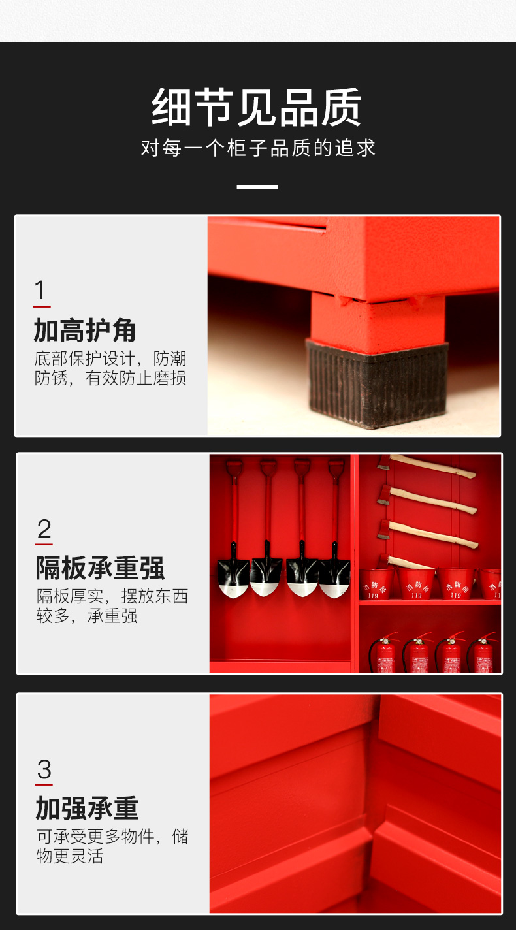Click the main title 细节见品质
click(x=257, y=107)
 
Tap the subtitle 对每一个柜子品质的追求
click(x=258, y=148)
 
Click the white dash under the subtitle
click(x=257, y=187)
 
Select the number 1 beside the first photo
click(x=40, y=290)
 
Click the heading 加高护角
click(x=85, y=330)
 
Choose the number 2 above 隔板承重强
click(x=44, y=529)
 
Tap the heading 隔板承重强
click(x=100, y=568)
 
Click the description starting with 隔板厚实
click(x=112, y=606)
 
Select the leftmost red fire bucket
click(x=377, y=583)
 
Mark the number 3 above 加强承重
click(x=44, y=769)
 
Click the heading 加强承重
click(x=87, y=809)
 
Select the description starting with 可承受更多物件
click(x=112, y=846)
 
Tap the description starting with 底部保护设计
click(x=110, y=368)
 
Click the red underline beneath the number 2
click(x=44, y=543)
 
